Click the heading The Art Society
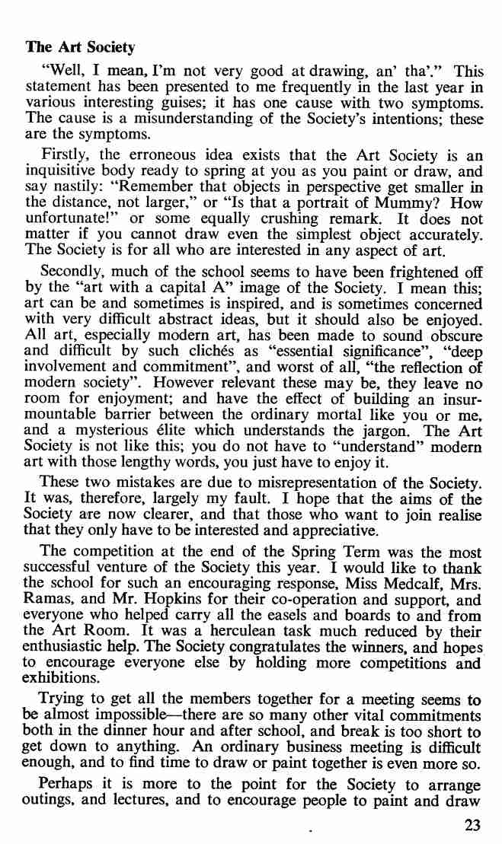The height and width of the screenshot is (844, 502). [x=80, y=47]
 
